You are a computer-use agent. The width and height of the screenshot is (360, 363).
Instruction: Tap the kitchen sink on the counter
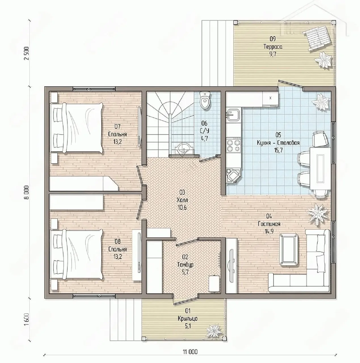tap(233, 115)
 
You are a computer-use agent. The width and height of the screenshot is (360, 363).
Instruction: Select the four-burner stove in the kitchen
tap(233, 145)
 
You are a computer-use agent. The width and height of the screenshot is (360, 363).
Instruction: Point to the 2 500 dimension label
tap(27, 53)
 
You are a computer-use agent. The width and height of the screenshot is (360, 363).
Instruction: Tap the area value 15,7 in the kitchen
tap(278, 150)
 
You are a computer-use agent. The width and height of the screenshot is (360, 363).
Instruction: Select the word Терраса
tap(273, 47)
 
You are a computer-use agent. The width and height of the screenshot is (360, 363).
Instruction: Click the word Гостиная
tap(269, 224)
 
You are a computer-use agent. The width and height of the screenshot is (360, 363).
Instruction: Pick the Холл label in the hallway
tap(182, 200)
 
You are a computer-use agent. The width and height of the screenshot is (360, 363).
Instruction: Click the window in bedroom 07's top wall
tap(94, 89)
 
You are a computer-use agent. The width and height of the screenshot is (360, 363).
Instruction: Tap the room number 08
tap(117, 241)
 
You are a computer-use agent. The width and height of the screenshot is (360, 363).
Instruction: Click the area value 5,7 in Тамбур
tap(185, 272)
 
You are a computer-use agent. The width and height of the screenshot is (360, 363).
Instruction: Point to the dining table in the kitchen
tap(320, 168)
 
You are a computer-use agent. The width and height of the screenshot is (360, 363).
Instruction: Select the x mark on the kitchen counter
tap(270, 98)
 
